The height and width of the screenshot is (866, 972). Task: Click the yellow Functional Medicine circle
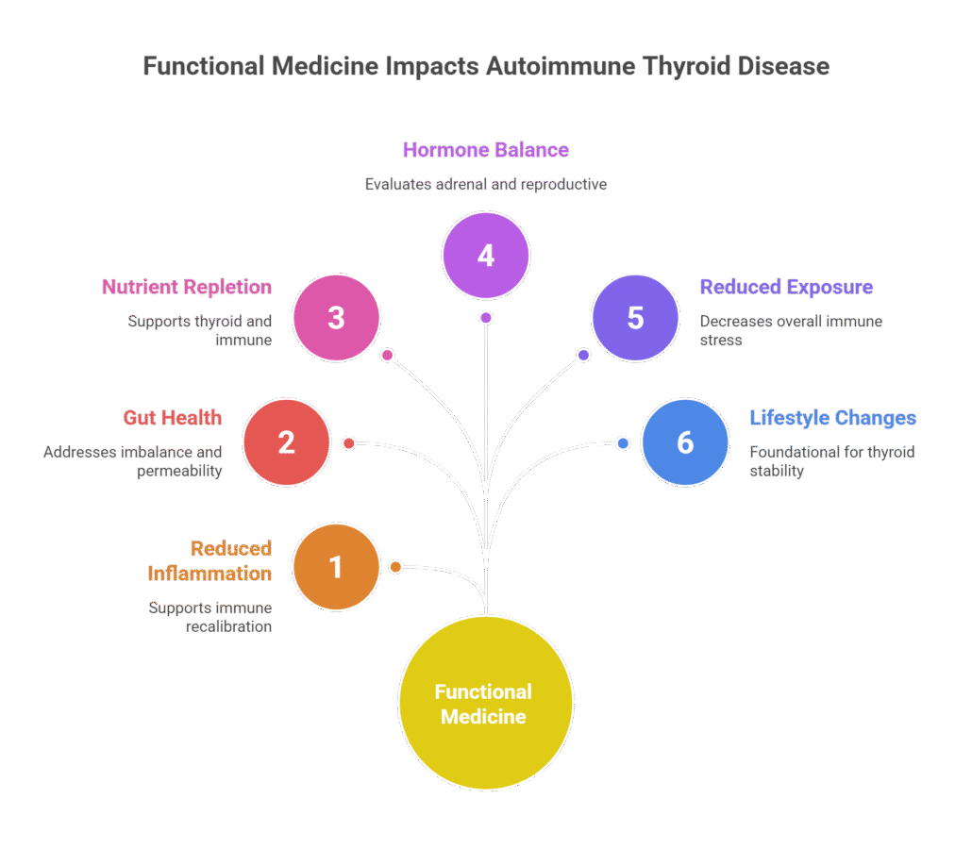coord(485,704)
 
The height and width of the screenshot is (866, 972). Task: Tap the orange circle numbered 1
coord(336,567)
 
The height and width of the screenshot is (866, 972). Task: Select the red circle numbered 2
coord(286,442)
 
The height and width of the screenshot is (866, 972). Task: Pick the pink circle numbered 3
coord(336,318)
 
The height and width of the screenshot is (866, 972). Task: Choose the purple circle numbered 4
coord(485,255)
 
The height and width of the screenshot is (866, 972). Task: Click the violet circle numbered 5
coord(635,318)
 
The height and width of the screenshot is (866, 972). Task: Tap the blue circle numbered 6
coord(685,442)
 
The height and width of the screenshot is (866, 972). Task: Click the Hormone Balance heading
coord(485,150)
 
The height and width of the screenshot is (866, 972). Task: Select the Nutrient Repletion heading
coord(187,288)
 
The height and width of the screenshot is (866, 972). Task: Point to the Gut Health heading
coord(173,418)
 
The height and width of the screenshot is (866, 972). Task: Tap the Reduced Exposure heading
coord(786,288)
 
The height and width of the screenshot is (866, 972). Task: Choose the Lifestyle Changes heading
coord(832,418)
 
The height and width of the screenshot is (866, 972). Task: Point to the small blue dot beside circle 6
coord(623,443)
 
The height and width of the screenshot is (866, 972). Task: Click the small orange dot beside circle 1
coord(395,567)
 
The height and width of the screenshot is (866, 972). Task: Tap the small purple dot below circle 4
coord(485,318)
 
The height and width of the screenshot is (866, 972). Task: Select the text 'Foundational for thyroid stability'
coord(831,461)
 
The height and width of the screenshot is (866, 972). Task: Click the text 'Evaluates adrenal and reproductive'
coord(485,185)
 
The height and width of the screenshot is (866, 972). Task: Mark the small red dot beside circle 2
coord(348,443)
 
